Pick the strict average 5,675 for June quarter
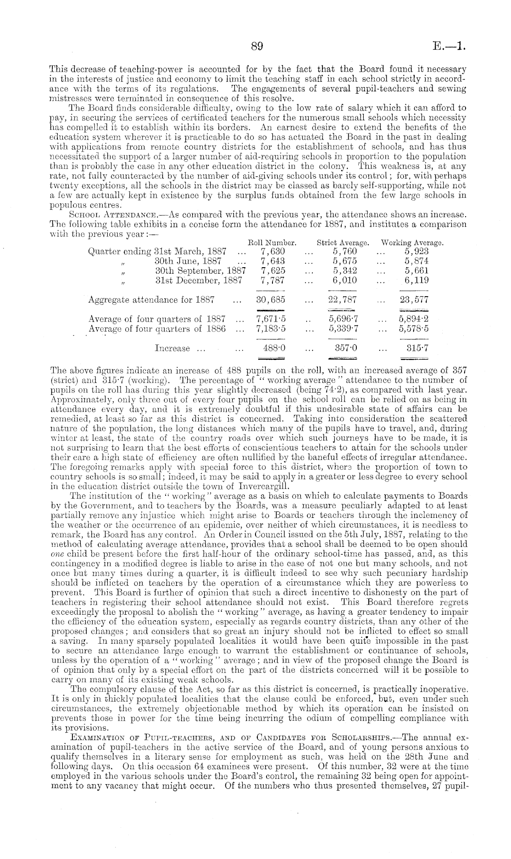tap(345, 261)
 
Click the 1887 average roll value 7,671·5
tap(271, 319)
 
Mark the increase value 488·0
tap(274, 348)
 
